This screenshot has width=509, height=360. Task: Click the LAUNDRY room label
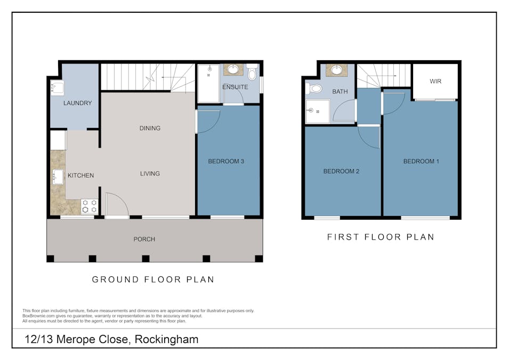[x=77, y=103]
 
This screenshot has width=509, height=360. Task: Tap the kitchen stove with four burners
[x=90, y=206]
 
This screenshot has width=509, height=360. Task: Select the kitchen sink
[x=58, y=177]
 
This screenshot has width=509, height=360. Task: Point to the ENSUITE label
[x=235, y=87]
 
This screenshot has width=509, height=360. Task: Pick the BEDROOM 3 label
[x=226, y=161]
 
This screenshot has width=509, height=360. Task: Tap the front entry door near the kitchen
[x=116, y=205]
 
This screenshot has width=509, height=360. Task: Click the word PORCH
[x=144, y=239]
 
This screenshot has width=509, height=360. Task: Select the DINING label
[x=150, y=128]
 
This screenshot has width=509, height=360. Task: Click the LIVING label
[x=150, y=173]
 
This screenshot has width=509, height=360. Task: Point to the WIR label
[x=435, y=81]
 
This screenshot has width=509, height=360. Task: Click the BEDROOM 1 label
[x=421, y=161]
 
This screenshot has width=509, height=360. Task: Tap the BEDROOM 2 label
[x=341, y=171]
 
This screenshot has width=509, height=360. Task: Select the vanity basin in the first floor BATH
[x=337, y=70]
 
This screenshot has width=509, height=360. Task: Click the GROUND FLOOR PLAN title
[x=153, y=279]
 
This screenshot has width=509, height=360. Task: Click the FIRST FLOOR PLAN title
[x=381, y=237]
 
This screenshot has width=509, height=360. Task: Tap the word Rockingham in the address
[x=166, y=339]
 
